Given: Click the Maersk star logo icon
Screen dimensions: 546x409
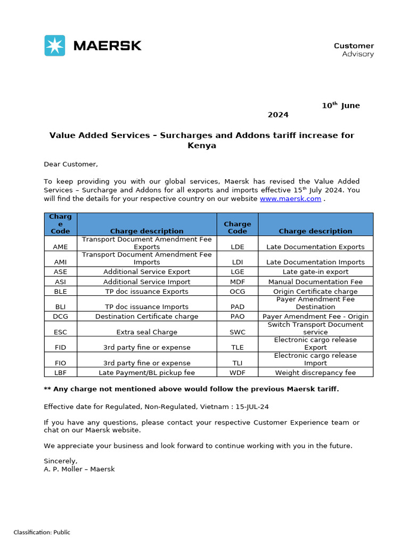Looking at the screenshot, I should [x=55, y=45].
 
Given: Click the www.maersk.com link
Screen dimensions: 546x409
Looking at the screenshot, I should [x=290, y=199].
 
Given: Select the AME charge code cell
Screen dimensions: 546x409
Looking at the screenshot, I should [x=61, y=247].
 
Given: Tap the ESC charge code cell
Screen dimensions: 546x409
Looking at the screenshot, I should [x=61, y=332].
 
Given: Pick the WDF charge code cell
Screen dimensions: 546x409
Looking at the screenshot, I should [x=238, y=373].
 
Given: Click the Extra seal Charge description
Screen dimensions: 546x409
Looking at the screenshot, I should [x=147, y=332].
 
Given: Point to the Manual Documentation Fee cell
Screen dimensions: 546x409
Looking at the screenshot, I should [x=315, y=282].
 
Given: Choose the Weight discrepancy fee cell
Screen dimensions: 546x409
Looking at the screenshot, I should [x=315, y=373].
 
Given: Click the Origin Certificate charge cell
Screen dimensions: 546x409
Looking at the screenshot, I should [x=315, y=292].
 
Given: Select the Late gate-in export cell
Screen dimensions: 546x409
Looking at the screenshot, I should [x=315, y=272].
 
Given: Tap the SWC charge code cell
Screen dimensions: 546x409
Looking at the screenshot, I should [x=238, y=332].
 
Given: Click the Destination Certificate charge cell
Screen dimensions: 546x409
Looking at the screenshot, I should [x=147, y=316].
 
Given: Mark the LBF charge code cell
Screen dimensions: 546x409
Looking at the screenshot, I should [x=61, y=373].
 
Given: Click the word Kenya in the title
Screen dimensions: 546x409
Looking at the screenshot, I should [x=202, y=146].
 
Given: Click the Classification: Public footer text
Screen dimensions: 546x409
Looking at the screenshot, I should [x=42, y=532].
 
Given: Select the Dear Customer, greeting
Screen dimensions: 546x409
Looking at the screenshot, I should [x=71, y=164].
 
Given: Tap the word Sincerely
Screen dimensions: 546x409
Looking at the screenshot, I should [x=60, y=461].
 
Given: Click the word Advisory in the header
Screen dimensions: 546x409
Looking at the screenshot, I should [x=358, y=54].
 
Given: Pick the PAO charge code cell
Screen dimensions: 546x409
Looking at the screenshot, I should [x=238, y=316].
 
